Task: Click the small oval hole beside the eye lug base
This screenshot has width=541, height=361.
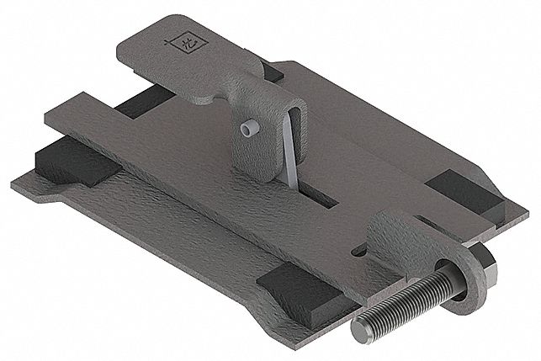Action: tap(360, 250)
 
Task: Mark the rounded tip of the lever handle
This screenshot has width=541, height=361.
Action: tap(122, 42)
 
